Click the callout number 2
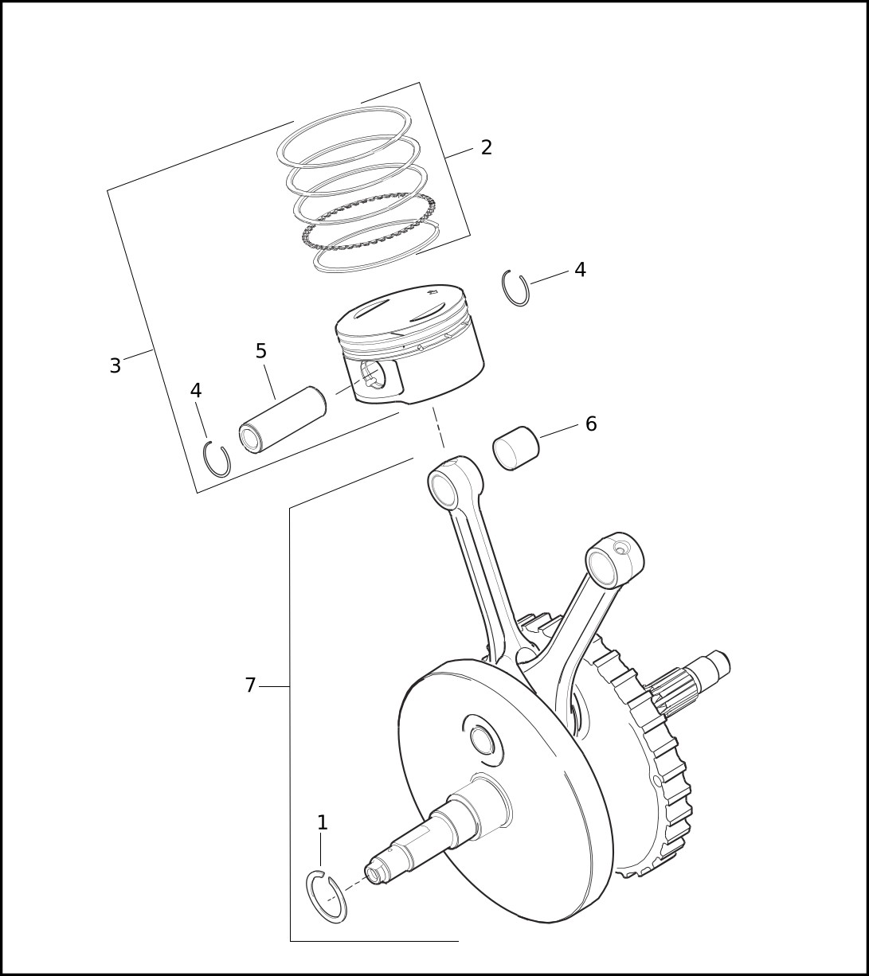point(487,147)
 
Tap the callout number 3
point(115,365)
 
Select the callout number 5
point(260,351)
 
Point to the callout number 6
point(591,424)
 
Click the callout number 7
point(250,685)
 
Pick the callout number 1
point(323,822)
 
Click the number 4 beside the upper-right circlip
point(580,270)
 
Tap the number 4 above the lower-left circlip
point(196,391)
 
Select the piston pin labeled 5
point(283,419)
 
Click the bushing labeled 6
point(515,448)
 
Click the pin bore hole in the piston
point(373,375)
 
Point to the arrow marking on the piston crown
point(433,292)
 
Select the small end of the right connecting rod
point(615,560)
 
